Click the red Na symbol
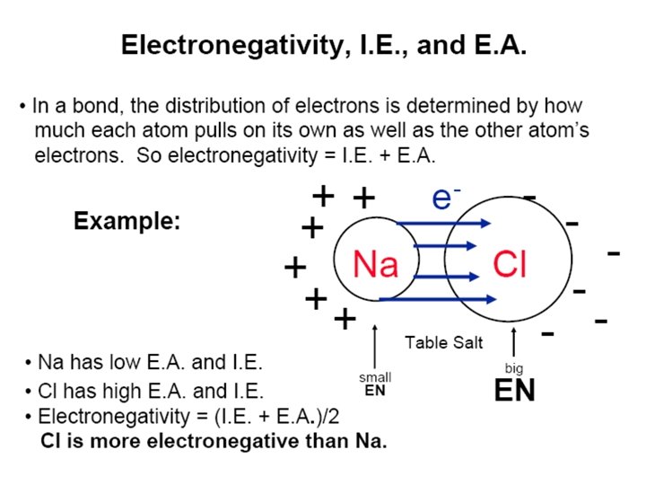click(x=375, y=264)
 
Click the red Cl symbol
click(x=510, y=264)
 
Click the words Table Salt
click(x=443, y=341)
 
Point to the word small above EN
click(x=375, y=377)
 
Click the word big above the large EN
click(x=514, y=368)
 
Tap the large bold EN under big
click(x=514, y=392)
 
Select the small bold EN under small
click(x=375, y=391)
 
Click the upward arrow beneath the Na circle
click(x=375, y=346)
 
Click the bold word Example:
click(x=127, y=221)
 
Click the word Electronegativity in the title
click(x=230, y=45)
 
